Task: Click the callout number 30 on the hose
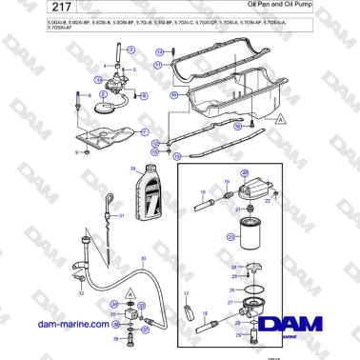pyautogui.click(x=143, y=259)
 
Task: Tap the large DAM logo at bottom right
pyautogui.click(x=297, y=329)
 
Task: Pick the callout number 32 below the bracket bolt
pyautogui.click(x=81, y=294)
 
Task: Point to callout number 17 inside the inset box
pyautogui.click(x=188, y=294)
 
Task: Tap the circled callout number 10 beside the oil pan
pyautogui.click(x=173, y=96)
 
